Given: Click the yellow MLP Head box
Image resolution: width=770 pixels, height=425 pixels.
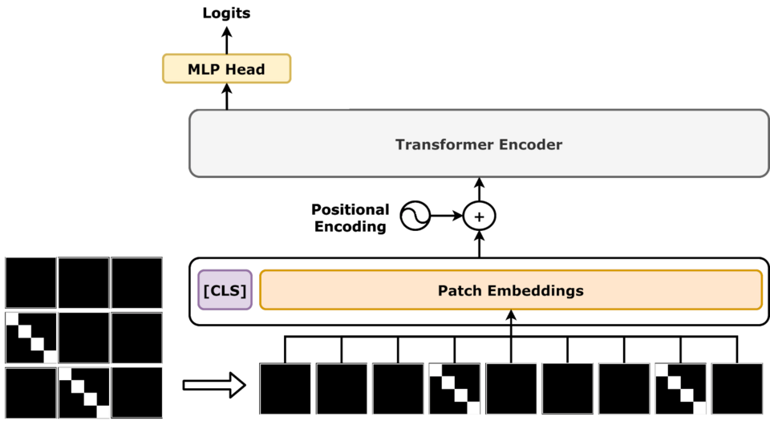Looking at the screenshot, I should pyautogui.click(x=226, y=69).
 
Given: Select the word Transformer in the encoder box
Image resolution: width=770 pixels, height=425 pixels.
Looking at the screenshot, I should pyautogui.click(x=441, y=145).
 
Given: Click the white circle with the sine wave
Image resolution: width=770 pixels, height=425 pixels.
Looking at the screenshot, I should pyautogui.click(x=415, y=216).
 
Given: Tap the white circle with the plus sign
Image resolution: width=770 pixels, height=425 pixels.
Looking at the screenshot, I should pyautogui.click(x=480, y=216).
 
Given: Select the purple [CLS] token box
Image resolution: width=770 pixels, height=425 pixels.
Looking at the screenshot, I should pyautogui.click(x=225, y=290).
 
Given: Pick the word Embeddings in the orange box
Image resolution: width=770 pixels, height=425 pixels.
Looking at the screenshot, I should pyautogui.click(x=535, y=290).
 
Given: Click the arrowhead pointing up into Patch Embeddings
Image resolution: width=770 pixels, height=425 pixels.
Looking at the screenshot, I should pyautogui.click(x=511, y=317).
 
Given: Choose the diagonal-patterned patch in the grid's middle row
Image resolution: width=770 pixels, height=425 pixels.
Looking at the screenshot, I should pyautogui.click(x=31, y=338).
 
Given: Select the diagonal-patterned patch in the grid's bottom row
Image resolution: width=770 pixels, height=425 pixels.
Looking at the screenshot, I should pyautogui.click(x=84, y=392).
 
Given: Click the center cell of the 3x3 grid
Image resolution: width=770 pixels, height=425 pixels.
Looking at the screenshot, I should pyautogui.click(x=84, y=338).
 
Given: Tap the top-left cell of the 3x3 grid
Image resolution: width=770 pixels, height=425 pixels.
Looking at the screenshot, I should pyautogui.click(x=31, y=283).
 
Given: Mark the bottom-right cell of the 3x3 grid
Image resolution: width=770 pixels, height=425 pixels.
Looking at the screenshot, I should pyautogui.click(x=137, y=392).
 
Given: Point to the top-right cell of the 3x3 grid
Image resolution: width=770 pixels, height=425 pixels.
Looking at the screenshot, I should pyautogui.click(x=137, y=283).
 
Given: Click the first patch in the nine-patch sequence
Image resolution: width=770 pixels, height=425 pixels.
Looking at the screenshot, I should pyautogui.click(x=286, y=389).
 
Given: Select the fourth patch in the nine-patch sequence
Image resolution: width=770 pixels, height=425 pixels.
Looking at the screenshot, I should pyautogui.click(x=455, y=389).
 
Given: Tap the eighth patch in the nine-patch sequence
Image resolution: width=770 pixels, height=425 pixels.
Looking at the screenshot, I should pyautogui.click(x=681, y=389).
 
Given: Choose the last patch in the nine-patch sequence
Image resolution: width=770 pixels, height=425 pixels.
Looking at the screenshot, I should pyautogui.click(x=737, y=389).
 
